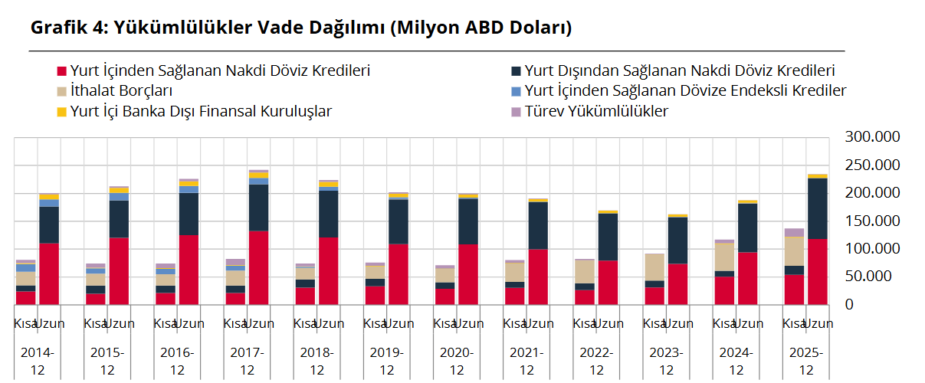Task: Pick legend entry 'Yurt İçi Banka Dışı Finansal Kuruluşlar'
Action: [200, 111]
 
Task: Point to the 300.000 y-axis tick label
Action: [871, 137]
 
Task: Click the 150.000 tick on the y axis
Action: [871, 221]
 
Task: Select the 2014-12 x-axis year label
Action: [38, 361]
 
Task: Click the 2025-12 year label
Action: [805, 361]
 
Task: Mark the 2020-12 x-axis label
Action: [457, 361]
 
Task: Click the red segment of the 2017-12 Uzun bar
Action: [258, 267]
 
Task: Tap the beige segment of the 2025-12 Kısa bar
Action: [794, 250]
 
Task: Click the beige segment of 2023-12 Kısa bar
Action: [654, 267]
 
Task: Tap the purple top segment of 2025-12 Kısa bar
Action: [794, 232]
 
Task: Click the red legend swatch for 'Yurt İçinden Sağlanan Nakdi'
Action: [62, 71]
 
